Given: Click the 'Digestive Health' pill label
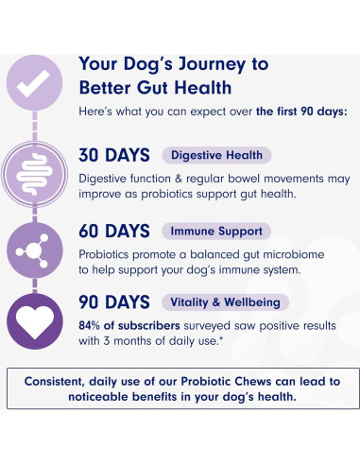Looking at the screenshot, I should [216, 155].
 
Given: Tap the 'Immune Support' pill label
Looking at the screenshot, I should [216, 231].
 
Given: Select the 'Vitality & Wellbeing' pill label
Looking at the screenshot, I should [226, 303].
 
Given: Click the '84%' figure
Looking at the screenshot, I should [93, 326].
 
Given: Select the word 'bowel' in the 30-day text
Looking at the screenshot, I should [238, 178].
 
